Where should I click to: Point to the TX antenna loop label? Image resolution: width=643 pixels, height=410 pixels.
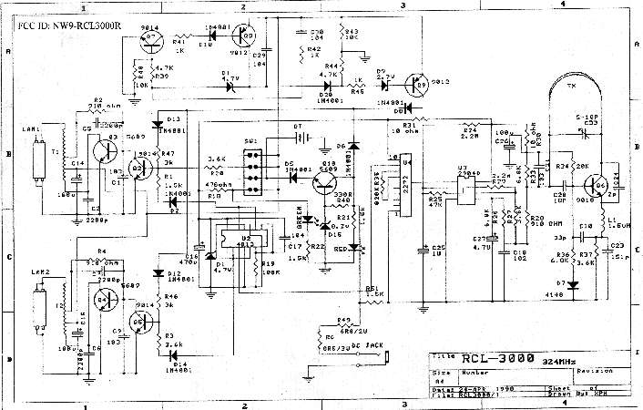point(572,86)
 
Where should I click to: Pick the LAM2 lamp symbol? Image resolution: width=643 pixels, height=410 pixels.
point(37,304)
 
